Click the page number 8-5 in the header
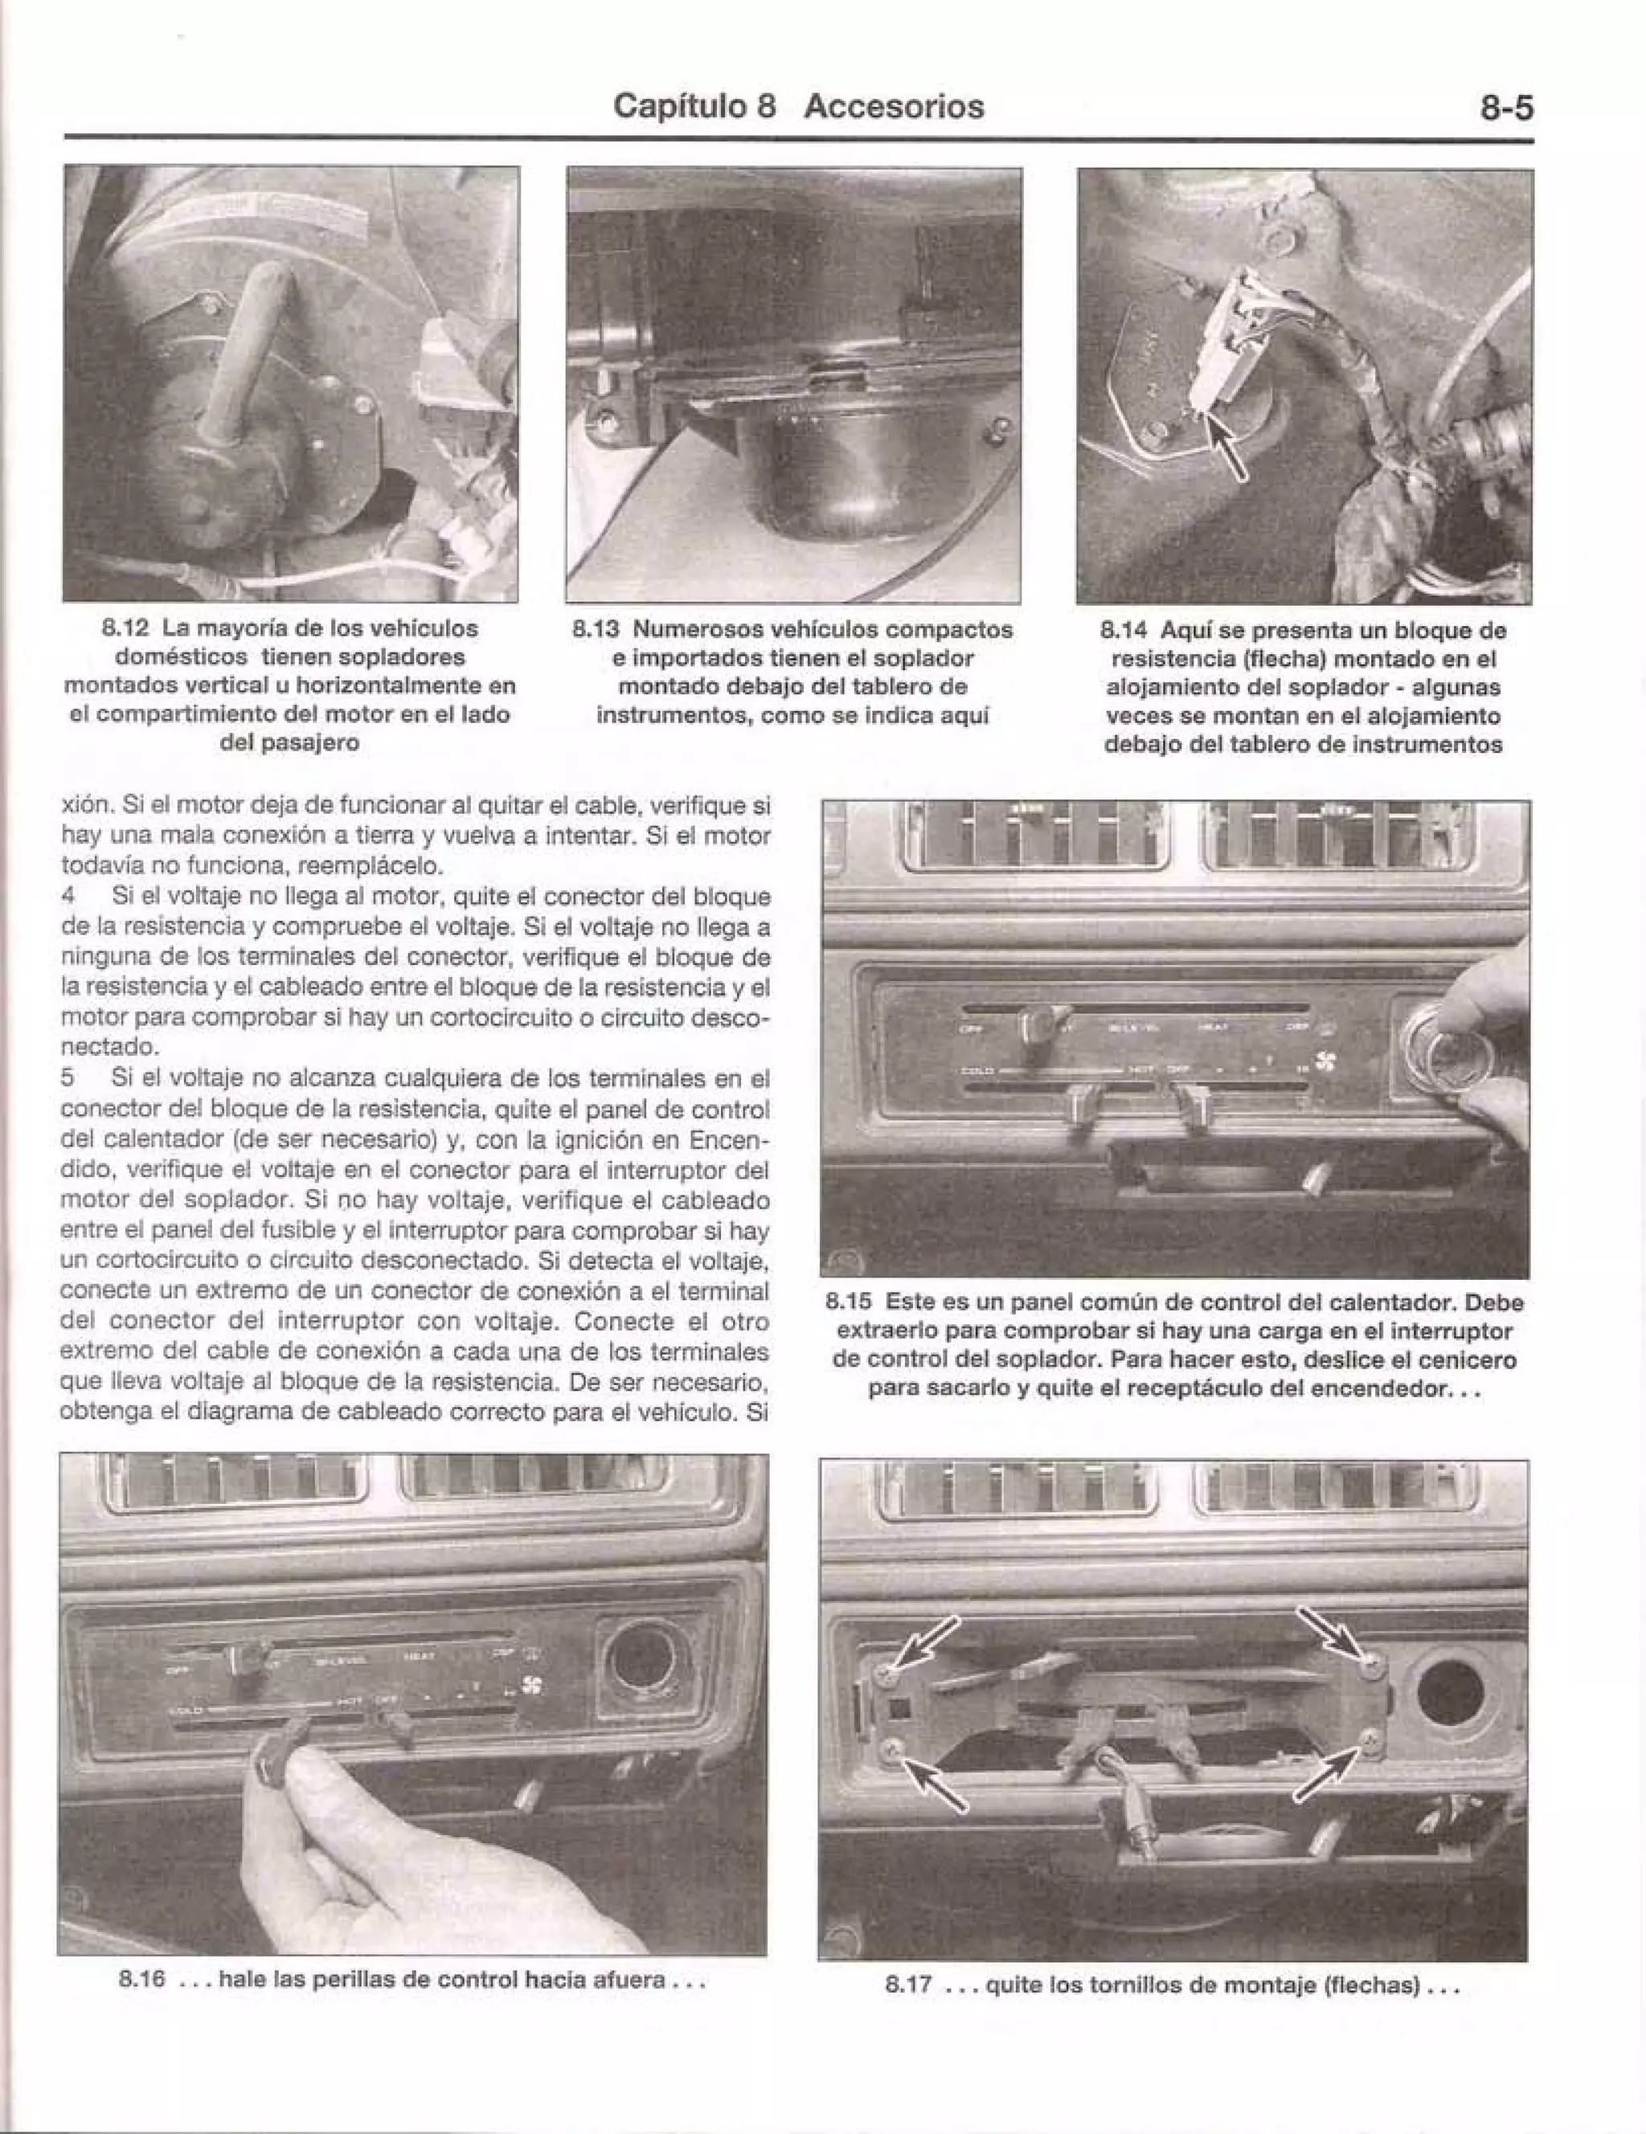pos(1505,107)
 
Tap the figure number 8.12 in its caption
pos(126,628)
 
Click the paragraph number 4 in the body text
pos(68,896)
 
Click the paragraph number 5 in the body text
pos(68,1079)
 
